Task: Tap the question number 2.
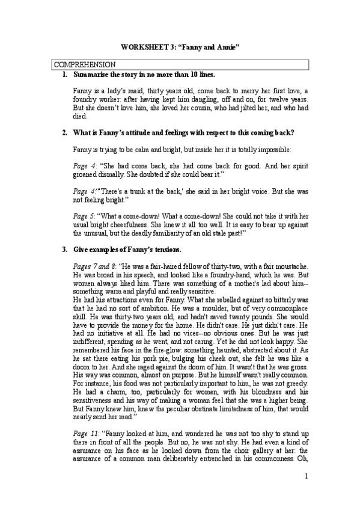pyautogui.click(x=64, y=132)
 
